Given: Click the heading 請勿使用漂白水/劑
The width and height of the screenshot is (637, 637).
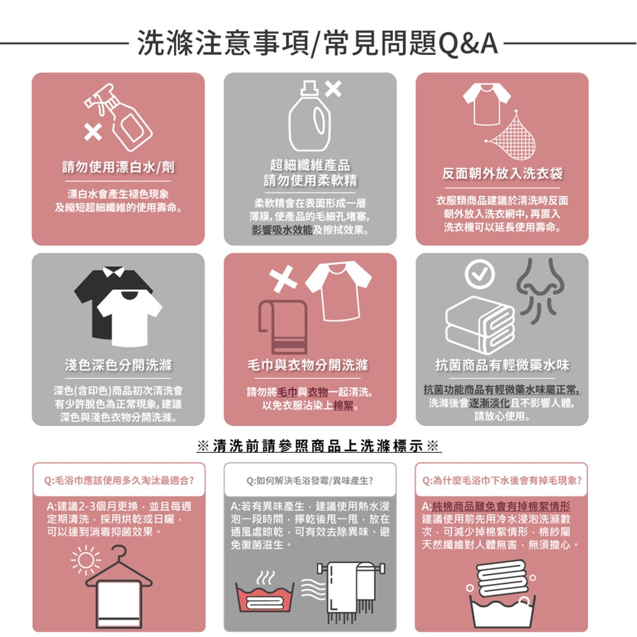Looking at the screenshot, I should pyautogui.click(x=118, y=167).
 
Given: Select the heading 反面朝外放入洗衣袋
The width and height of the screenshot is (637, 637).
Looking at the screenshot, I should pyautogui.click(x=503, y=173).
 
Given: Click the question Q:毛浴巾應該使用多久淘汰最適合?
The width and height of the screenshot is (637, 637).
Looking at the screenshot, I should pyautogui.click(x=119, y=480).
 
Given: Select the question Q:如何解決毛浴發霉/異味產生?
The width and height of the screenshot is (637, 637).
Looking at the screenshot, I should pyautogui.click(x=310, y=480).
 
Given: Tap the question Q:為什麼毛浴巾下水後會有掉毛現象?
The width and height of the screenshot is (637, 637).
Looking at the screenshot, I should pyautogui.click(x=502, y=480).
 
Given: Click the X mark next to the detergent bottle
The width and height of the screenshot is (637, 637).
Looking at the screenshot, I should pyautogui.click(x=334, y=91).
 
